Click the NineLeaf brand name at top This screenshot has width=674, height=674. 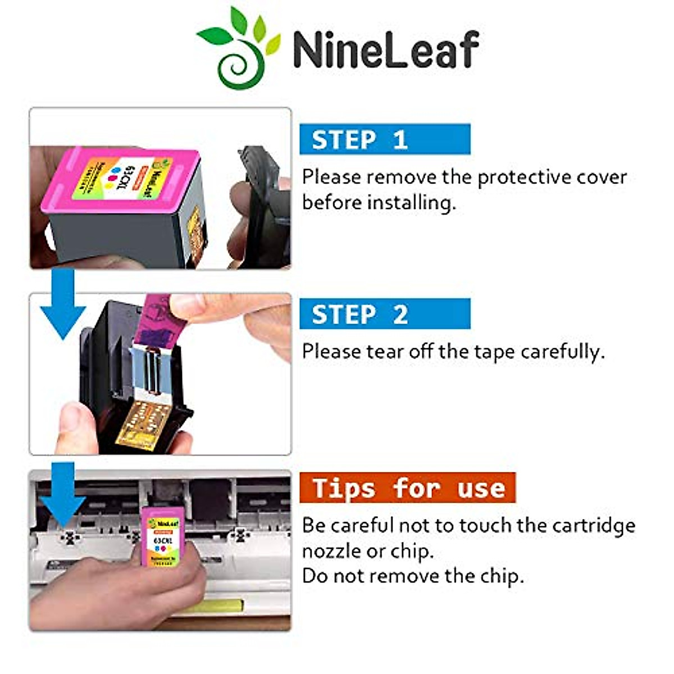385,49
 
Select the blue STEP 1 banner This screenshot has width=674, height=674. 385,139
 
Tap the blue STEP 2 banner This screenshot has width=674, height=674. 385,314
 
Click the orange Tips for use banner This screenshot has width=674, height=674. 407,488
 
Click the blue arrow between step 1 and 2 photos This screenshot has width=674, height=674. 63,303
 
